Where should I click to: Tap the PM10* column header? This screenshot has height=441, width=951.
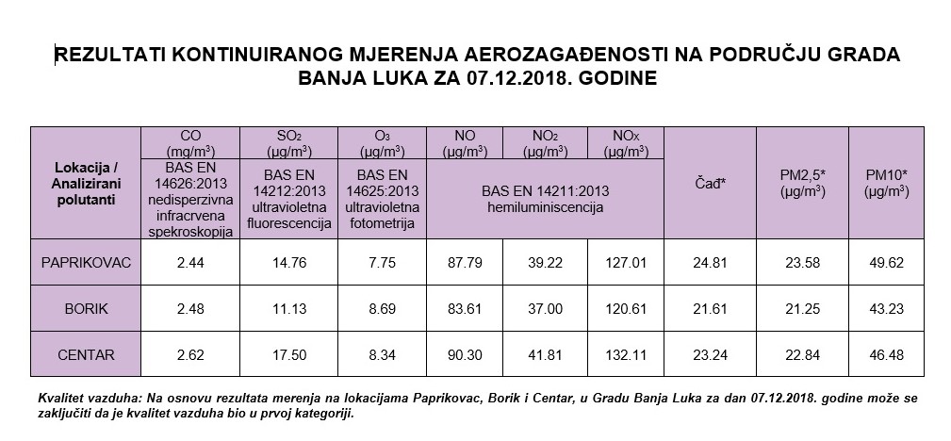point(886,181)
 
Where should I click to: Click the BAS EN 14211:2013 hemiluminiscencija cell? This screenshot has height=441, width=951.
point(546,198)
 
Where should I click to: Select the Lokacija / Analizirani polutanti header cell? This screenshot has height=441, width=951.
point(86,181)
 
